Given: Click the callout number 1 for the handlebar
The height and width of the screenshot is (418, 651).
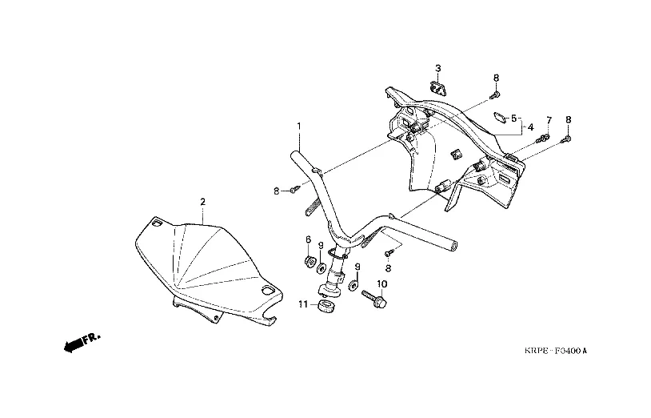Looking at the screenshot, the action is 298,125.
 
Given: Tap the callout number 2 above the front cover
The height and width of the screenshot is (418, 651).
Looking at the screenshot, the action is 202,202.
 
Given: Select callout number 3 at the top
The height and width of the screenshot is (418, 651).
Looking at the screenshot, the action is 438,68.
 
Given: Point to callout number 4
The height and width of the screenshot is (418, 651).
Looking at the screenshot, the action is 530,127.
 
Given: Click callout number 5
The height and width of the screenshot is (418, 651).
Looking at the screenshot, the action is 513,119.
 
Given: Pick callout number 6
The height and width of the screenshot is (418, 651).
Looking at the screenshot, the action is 308,239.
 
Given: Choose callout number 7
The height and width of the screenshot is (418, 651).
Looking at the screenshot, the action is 549,120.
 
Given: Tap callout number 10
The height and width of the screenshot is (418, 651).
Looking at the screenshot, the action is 382,283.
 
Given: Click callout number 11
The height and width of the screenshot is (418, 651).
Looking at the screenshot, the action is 303,304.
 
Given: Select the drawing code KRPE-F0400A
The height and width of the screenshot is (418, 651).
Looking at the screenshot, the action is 556,351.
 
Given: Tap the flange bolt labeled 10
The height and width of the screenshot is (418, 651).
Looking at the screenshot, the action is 374,299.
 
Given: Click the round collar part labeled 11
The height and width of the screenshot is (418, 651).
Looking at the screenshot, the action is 325,307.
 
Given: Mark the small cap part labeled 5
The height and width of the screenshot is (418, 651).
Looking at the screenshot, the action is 501,118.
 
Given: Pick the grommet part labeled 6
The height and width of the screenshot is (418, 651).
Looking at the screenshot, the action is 309,263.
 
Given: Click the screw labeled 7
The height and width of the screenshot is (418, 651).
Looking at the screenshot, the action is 543,139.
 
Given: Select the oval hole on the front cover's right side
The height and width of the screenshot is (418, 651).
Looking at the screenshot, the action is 268,290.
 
